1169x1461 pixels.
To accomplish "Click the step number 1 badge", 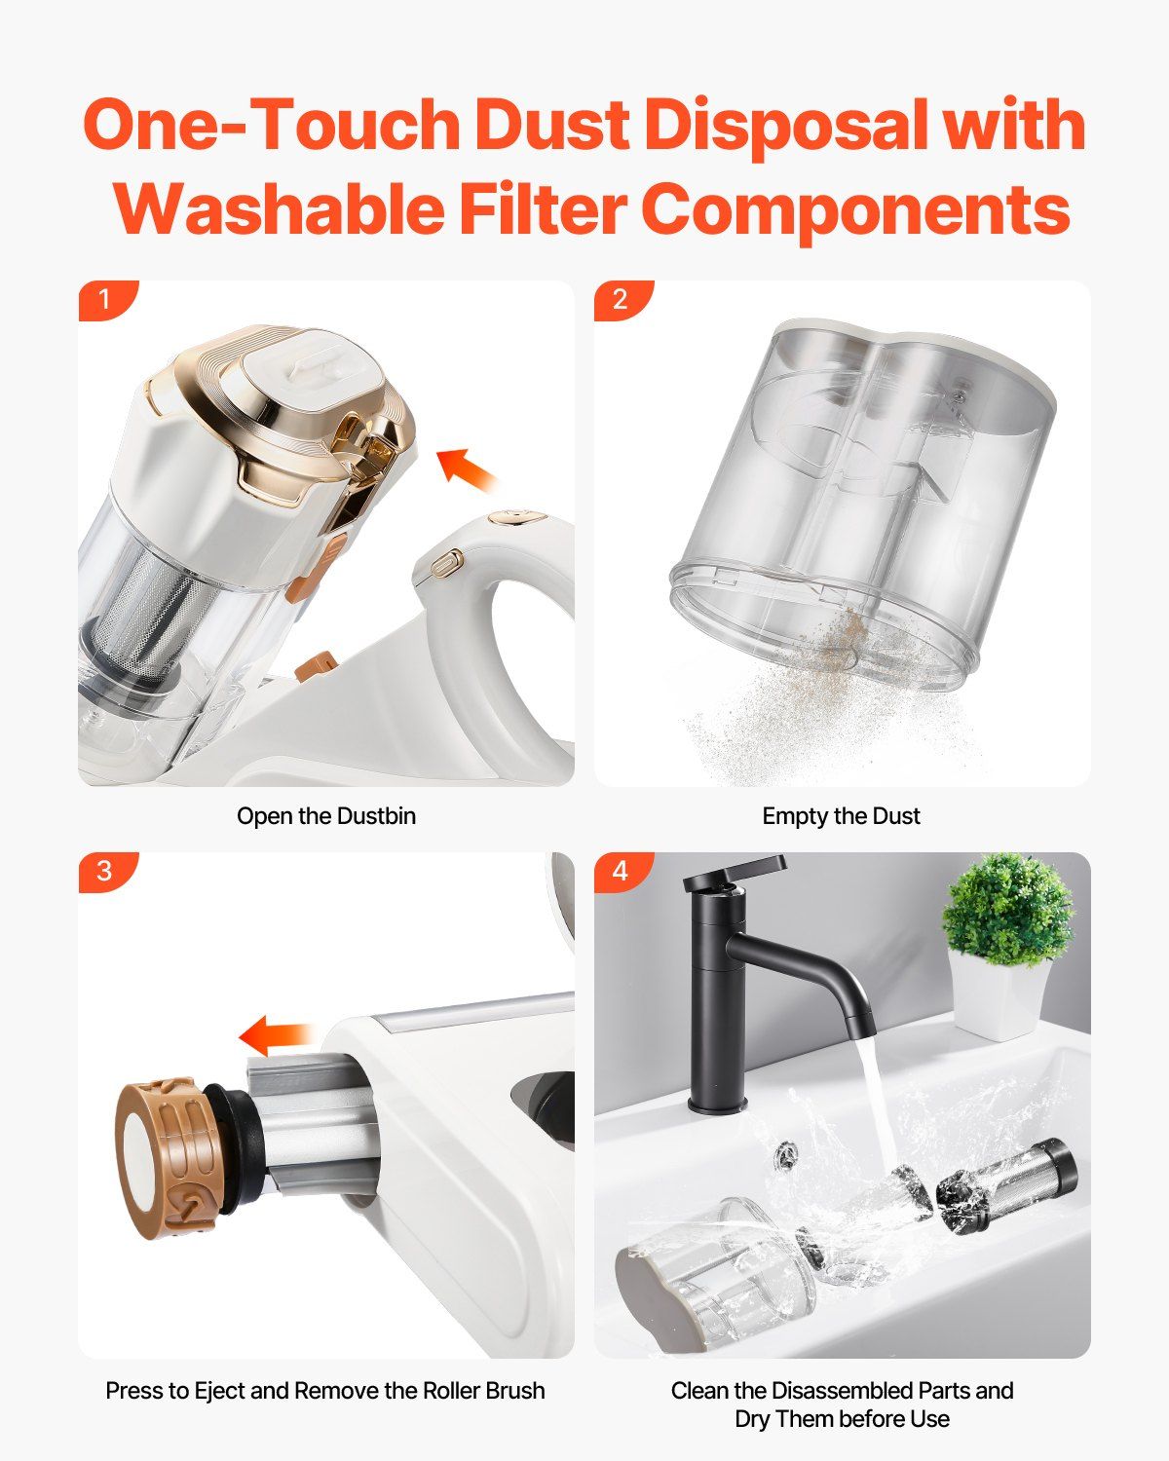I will coord(104,299).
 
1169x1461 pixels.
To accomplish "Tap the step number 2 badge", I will coord(621,299).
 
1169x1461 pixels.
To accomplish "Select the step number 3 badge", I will coord(104,871).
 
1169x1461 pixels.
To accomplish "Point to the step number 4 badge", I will coord(621,871).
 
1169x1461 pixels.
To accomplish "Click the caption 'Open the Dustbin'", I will coord(326,816).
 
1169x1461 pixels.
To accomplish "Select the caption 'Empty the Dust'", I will coord(841,816).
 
